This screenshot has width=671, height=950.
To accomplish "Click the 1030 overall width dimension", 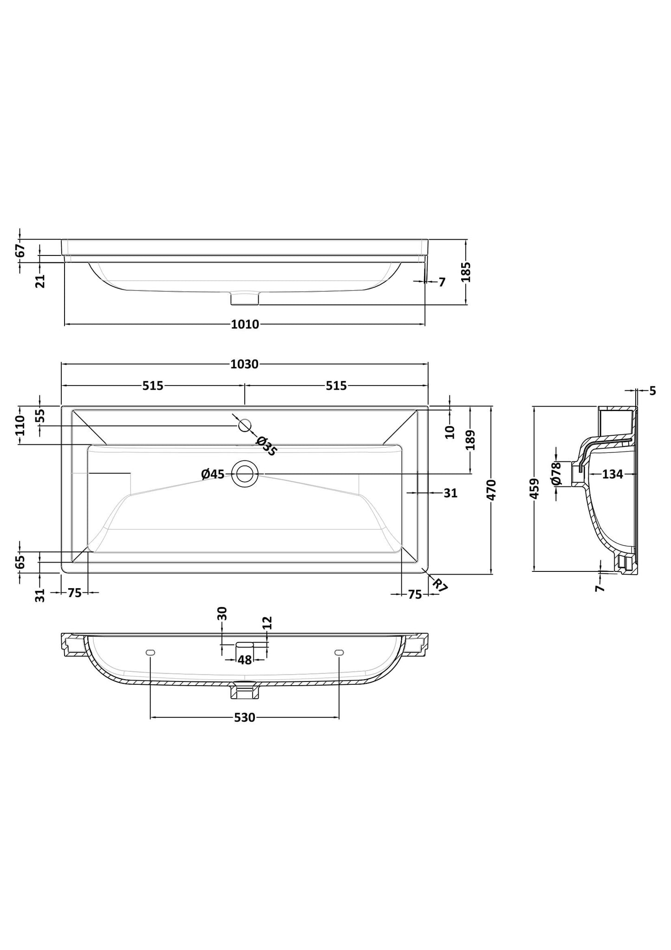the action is pos(244,365).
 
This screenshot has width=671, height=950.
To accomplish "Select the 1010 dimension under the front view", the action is pos(245,325).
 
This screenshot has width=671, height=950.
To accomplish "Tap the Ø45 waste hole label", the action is pos(213,474).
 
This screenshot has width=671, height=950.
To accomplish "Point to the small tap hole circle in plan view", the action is pos(245,425).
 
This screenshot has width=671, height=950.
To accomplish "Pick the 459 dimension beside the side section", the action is pos(534,488).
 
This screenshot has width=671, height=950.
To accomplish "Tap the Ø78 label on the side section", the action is pos(556,474).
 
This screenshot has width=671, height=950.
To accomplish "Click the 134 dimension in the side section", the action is pos(612,474).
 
